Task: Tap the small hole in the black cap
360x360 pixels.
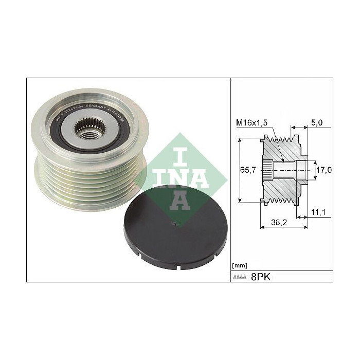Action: (175, 223)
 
